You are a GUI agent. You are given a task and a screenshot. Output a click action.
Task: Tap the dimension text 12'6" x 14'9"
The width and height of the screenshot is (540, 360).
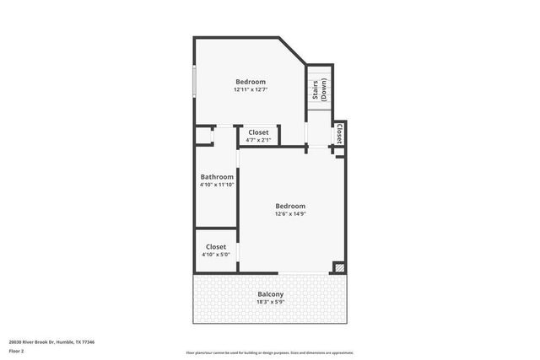click(x=289, y=214)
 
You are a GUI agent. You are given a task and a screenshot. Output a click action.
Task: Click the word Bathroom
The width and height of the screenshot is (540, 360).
click(x=217, y=176)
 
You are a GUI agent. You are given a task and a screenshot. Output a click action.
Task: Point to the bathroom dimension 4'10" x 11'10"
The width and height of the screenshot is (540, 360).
click(x=217, y=185)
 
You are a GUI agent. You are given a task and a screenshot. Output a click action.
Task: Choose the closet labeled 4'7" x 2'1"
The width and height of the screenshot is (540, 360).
click(x=258, y=136)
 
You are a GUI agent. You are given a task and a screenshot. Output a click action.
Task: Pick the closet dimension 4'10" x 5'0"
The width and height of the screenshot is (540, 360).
click(x=216, y=255)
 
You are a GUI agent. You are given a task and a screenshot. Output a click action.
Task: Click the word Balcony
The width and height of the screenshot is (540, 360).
click(x=270, y=294)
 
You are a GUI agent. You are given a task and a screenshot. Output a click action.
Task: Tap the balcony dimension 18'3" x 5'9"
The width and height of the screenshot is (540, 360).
click(x=270, y=302)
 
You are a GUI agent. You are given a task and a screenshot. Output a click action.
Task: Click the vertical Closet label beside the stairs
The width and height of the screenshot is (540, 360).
click(x=339, y=133)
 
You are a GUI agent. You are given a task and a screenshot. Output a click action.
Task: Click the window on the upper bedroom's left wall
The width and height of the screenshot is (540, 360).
click(x=195, y=81)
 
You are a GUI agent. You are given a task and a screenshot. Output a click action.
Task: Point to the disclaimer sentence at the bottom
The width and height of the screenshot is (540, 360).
click(x=270, y=352)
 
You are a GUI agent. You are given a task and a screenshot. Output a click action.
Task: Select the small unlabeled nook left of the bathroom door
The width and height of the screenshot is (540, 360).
click(x=203, y=136)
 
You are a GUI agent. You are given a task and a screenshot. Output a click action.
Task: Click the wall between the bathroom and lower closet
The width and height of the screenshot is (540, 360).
click(x=216, y=228)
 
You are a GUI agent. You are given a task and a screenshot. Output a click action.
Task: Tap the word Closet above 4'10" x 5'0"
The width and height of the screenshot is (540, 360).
click(x=216, y=246)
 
